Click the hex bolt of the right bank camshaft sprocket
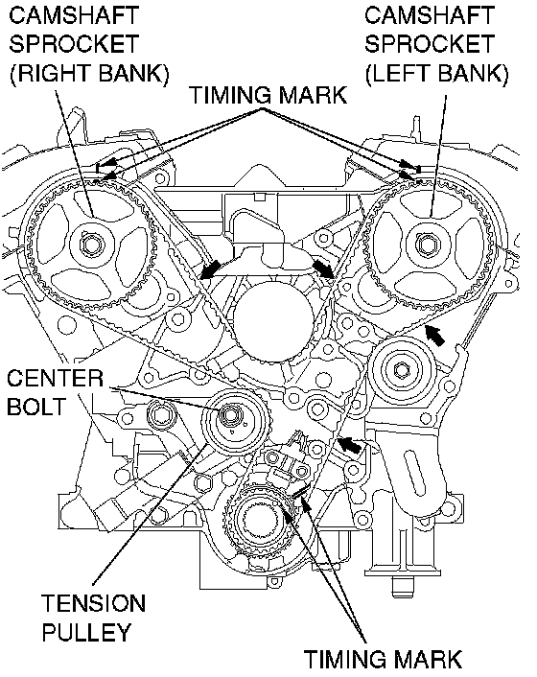91,245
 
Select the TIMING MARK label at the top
268,95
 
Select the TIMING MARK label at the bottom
383,659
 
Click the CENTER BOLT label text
55,392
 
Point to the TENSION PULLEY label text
94,618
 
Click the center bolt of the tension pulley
227,415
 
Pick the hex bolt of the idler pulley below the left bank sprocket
403,369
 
